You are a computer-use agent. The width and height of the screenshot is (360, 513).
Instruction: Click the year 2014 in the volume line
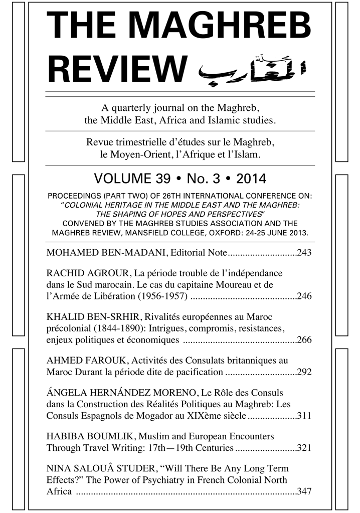pyautogui.click(x=251, y=178)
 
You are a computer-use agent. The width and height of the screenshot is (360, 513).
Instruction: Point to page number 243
pyautogui.click(x=304, y=252)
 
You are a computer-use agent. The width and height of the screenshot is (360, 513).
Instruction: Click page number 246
pyautogui.click(x=304, y=296)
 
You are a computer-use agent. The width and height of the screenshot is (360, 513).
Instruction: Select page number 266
pyautogui.click(x=304, y=340)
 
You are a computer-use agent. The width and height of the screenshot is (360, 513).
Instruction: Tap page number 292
pyautogui.click(x=304, y=372)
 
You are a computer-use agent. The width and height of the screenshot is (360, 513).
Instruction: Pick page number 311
pyautogui.click(x=304, y=416)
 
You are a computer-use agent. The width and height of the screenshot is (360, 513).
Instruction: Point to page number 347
pyautogui.click(x=304, y=491)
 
